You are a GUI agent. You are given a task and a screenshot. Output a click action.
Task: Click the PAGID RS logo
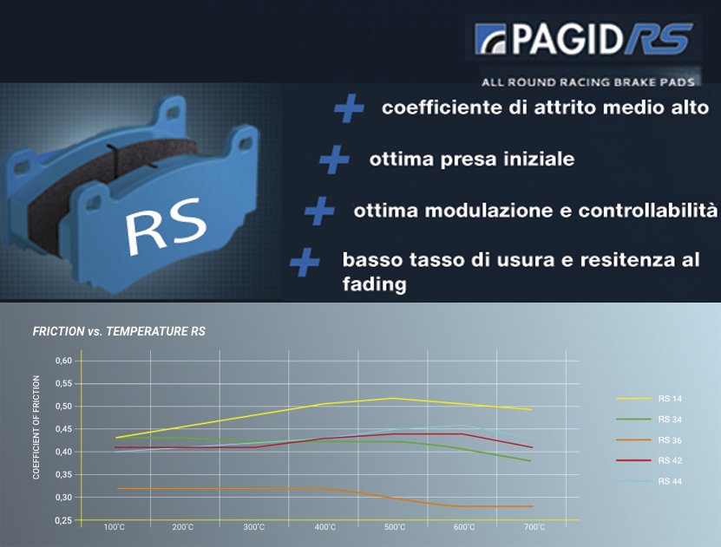click(x=583, y=39)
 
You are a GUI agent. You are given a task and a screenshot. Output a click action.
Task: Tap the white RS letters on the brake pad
click(x=166, y=226)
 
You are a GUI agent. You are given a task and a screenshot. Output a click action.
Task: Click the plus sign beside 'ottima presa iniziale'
click(x=334, y=159)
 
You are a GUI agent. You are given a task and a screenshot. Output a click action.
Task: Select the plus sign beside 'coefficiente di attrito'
click(x=349, y=108)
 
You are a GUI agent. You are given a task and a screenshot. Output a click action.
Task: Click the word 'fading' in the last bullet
click(x=374, y=284)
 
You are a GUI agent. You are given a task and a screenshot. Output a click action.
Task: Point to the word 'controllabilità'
click(x=648, y=211)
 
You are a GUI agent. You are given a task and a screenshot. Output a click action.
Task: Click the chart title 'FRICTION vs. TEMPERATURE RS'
click(x=119, y=331)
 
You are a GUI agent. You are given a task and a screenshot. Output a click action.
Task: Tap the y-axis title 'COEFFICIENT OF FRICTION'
click(x=36, y=427)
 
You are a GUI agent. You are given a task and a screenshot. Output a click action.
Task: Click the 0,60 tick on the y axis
click(x=64, y=361)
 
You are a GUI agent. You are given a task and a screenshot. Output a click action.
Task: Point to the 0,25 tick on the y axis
click(x=64, y=520)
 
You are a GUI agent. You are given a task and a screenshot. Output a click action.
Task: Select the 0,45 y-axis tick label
click(x=64, y=429)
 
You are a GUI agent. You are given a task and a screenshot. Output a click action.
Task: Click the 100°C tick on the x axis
click(x=114, y=527)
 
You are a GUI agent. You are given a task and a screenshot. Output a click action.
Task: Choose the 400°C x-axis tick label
click(x=325, y=527)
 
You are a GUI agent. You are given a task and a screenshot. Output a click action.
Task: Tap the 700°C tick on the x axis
click(x=534, y=527)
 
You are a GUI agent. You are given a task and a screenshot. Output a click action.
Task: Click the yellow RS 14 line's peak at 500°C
click(x=393, y=398)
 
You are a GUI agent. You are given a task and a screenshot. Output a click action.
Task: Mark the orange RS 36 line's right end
click(x=533, y=506)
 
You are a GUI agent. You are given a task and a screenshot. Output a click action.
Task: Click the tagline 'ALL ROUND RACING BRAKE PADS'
click(x=588, y=82)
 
